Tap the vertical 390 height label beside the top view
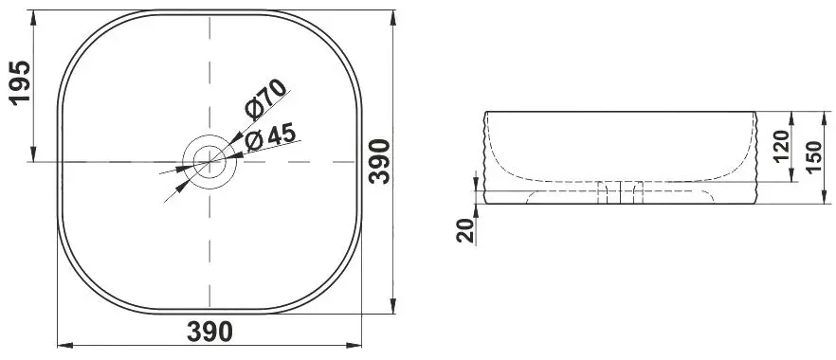(x=379, y=162)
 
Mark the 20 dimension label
(x=464, y=228)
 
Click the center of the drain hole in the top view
(x=209, y=161)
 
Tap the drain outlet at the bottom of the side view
(x=621, y=193)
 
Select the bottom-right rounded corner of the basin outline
(x=342, y=293)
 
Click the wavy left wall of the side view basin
(x=486, y=156)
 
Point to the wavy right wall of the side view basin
(x=757, y=156)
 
